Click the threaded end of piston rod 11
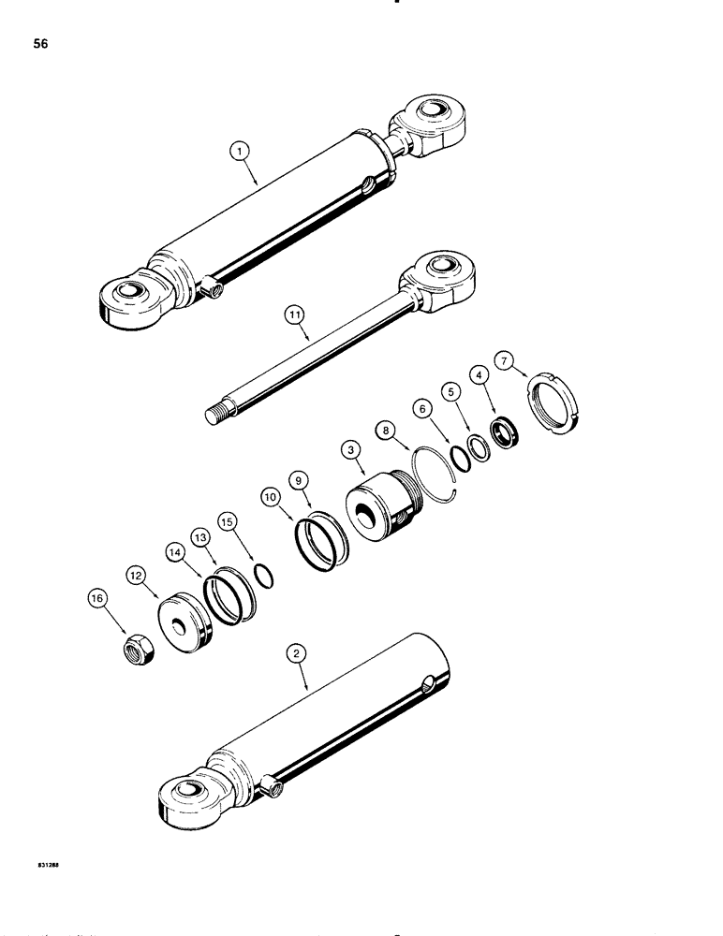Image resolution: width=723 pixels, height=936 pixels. pos(216,411)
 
